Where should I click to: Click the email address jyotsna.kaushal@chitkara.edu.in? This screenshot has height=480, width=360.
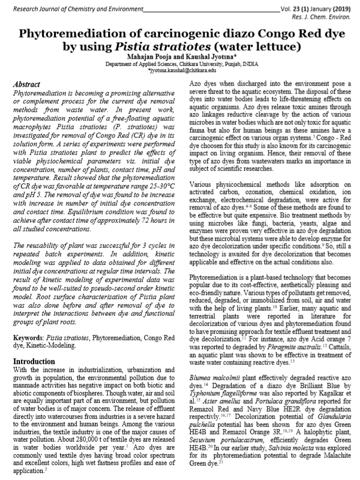tap(182, 70)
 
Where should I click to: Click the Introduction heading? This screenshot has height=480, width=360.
tap(34, 345)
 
